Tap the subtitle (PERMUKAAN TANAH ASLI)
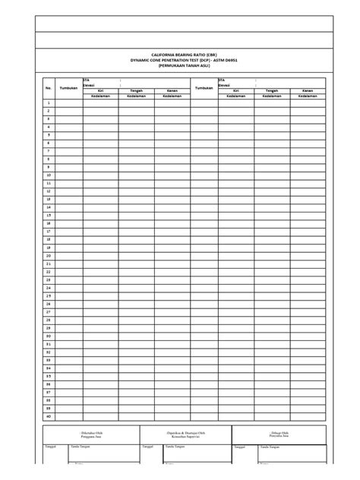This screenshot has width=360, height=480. [180, 66]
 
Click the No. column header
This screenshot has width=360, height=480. [48, 88]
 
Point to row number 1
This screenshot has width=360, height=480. [48, 103]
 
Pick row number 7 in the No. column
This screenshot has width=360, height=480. [48, 151]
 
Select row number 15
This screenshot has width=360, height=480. [48, 215]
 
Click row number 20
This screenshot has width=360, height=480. [48, 255]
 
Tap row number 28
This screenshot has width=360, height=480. [48, 320]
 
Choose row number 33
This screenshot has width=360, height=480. [48, 360]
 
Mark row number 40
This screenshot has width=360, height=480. [48, 416]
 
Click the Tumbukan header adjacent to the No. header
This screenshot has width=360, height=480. [70, 88]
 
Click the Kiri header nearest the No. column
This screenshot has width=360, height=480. [99, 90]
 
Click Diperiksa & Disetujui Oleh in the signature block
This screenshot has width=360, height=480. [181, 433]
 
